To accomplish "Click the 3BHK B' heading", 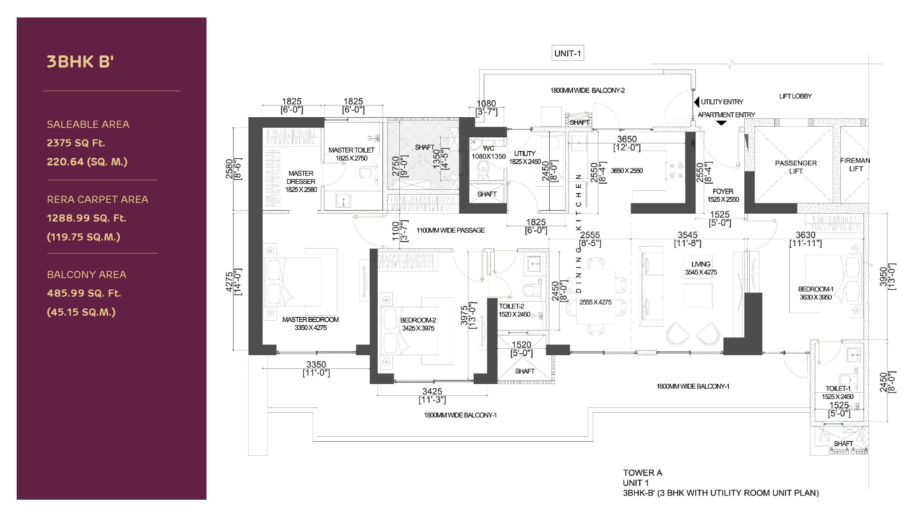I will coord(80,62).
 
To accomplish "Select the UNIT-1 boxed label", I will coord(567,53).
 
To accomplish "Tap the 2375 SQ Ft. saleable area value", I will coord(76,143).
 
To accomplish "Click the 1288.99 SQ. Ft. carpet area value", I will coord(87,218).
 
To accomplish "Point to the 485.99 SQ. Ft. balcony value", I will coord(84,293).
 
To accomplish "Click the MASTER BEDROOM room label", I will coord(310,320).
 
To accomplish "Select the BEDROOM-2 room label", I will coord(418,320).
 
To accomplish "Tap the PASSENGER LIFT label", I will coord(796,167).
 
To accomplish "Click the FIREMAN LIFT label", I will coord(855,165).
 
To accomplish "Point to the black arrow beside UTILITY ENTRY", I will coord(696,102).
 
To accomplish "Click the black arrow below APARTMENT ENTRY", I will coord(721,123).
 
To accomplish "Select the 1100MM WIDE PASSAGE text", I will coord(451,230).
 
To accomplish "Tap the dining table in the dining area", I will coord(595,296).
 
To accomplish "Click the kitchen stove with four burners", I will coord(676,171).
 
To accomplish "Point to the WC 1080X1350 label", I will coord(488,153).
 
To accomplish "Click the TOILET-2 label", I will coord(511,306).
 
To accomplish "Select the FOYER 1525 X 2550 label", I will coord(723,195).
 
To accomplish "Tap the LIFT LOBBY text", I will coord(795,96).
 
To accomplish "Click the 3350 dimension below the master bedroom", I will coord(316,364).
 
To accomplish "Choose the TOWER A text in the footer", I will coord(642,473).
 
